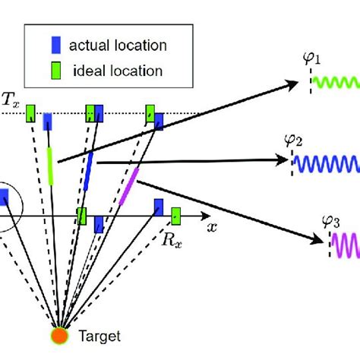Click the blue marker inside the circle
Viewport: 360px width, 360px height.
[4, 197]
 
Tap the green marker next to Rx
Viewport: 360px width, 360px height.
[176, 215]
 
